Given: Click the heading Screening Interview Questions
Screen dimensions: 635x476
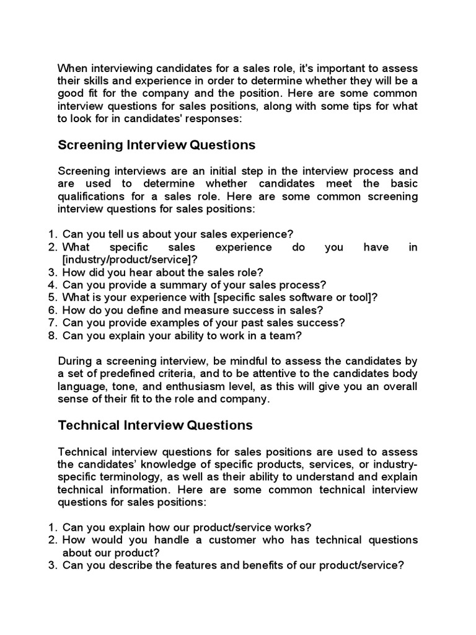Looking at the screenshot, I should [156, 145].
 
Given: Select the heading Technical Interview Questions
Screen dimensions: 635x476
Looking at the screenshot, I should [155, 425].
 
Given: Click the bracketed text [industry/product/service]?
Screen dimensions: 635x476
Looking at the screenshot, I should [130, 259].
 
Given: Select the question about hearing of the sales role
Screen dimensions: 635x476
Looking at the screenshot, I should [163, 272].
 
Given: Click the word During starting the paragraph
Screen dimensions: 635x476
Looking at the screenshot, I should [76, 361].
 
